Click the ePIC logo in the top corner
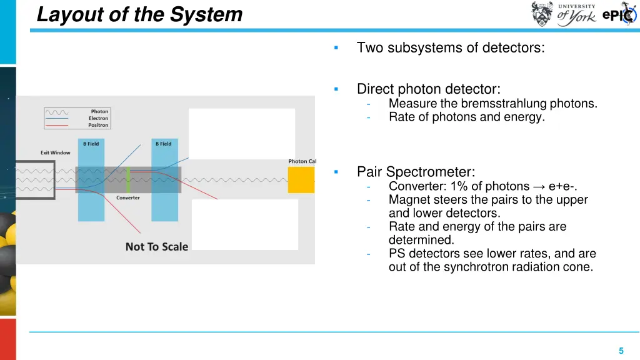pyautogui.click(x=619, y=15)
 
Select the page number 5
pyautogui.click(x=621, y=351)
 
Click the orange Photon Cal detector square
pyautogui.click(x=301, y=179)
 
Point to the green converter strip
pyautogui.click(x=128, y=179)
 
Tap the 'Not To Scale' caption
pyautogui.click(x=156, y=246)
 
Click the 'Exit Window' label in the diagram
pyautogui.click(x=56, y=152)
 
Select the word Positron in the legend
pyautogui.click(x=98, y=125)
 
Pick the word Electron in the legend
pyautogui.click(x=98, y=118)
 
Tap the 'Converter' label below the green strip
pyautogui.click(x=128, y=197)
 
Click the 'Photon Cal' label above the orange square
pyautogui.click(x=302, y=161)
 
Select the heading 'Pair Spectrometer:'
pyautogui.click(x=416, y=172)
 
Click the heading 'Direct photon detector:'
pyautogui.click(x=428, y=89)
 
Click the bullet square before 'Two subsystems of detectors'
pyautogui.click(x=336, y=48)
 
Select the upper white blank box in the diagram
pyautogui.click(x=241, y=133)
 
